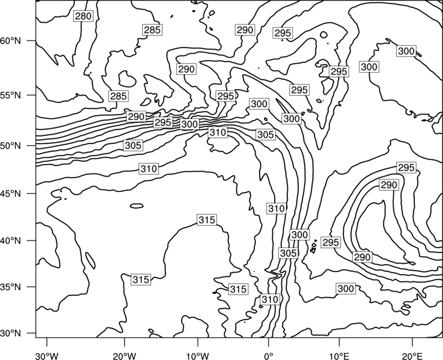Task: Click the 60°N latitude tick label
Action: pyautogui.click(x=11, y=41)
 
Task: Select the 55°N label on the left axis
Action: pyautogui.click(x=11, y=95)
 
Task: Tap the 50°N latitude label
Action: pyautogui.click(x=11, y=146)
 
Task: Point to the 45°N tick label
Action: pyautogui.click(x=11, y=193)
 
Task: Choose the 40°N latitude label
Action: pyautogui.click(x=11, y=241)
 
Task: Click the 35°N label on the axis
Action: pyautogui.click(x=11, y=287)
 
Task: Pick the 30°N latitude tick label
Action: pyautogui.click(x=11, y=333)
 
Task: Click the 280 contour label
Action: pyautogui.click(x=83, y=16)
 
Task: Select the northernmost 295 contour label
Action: pyautogui.click(x=282, y=33)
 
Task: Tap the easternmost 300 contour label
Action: pyautogui.click(x=406, y=51)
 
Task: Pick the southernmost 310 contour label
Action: pyautogui.click(x=270, y=299)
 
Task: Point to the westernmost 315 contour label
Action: pyautogui.click(x=141, y=280)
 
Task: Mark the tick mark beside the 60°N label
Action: pyautogui.click(x=32, y=40)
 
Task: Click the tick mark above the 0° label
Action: pyautogui.click(x=269, y=341)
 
